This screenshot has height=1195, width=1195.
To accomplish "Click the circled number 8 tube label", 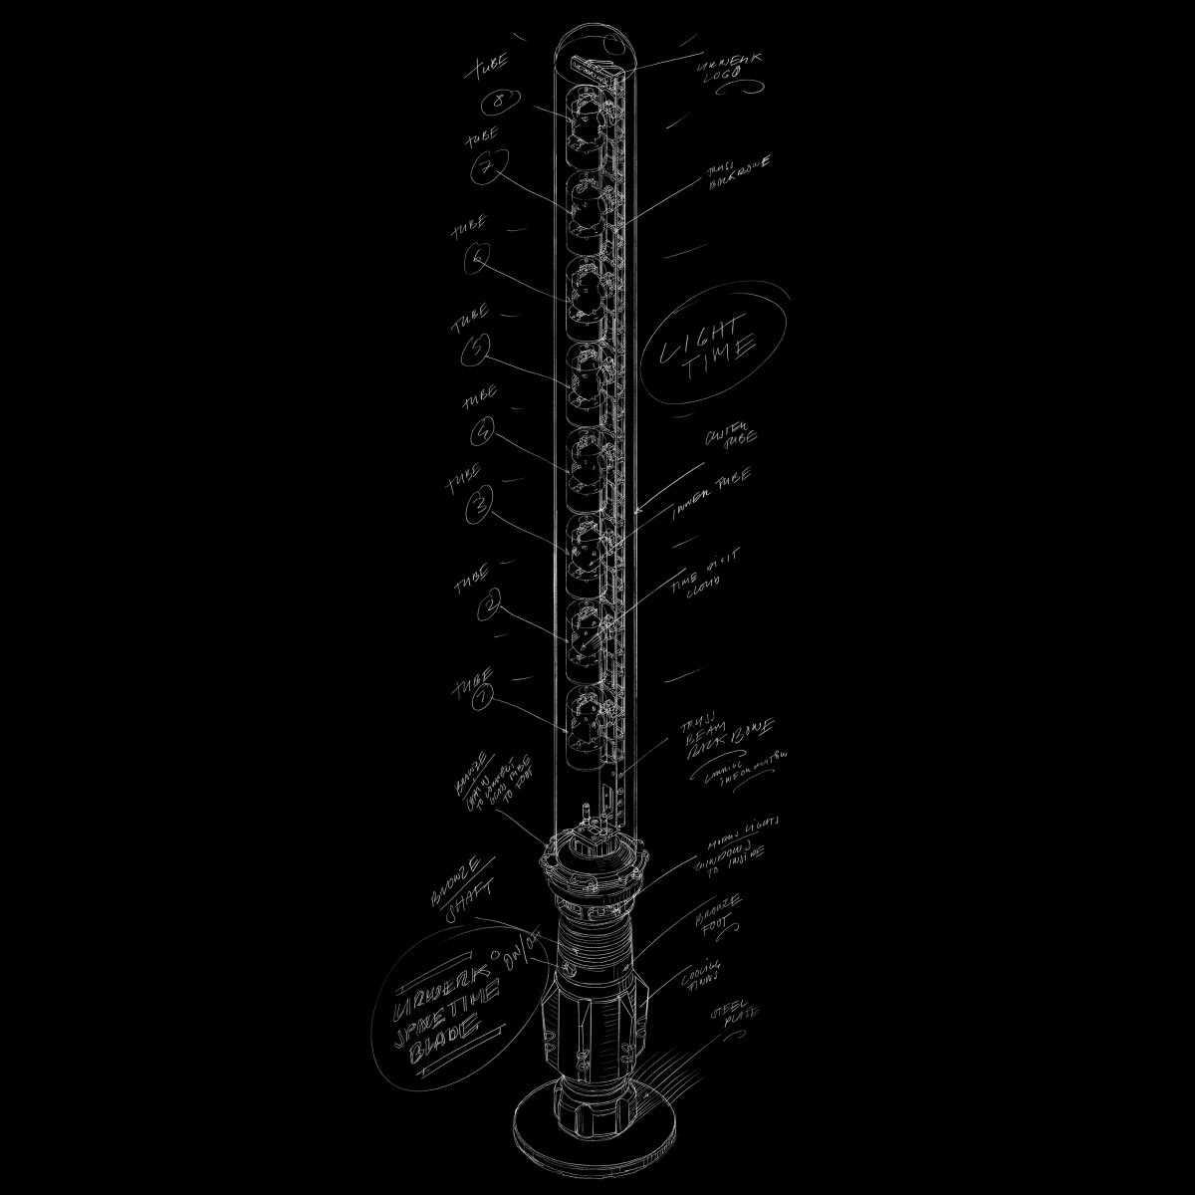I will [496, 103].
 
